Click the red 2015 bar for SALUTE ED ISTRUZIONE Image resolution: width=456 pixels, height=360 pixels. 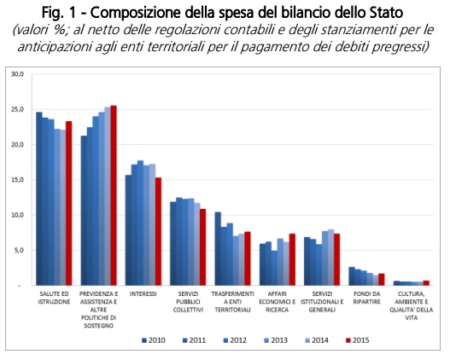coord(68,203)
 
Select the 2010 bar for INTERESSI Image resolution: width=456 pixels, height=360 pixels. coord(128,230)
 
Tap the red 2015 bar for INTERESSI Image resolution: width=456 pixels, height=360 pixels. coord(158,231)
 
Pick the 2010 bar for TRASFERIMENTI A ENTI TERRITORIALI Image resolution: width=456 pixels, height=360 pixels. coord(218,249)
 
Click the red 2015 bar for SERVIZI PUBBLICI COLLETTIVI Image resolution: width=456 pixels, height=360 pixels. coord(202,247)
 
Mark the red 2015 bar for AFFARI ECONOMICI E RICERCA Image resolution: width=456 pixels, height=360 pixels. coord(292,259)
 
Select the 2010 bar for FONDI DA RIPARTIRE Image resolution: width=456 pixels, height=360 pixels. coord(352,276)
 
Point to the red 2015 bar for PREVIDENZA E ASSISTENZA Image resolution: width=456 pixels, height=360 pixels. coord(114,195)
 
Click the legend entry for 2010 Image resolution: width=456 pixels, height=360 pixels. coord(154,340)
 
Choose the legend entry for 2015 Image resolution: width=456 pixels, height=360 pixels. coord(358,340)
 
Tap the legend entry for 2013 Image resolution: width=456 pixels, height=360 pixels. coord(276,340)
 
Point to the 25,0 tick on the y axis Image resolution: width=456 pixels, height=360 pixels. coord(17,109)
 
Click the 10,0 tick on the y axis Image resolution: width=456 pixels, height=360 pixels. coord(17,215)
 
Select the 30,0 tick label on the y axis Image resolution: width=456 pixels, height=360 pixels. coord(17,74)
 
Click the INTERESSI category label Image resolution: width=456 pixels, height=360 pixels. coord(143,293)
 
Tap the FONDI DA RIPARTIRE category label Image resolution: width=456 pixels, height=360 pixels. coord(366,298)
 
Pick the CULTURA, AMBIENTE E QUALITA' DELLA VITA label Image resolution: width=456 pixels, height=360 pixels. coord(412,305)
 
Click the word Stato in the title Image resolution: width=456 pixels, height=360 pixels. coord(387,13)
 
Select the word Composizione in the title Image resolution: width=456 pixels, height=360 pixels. coord(136,14)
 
